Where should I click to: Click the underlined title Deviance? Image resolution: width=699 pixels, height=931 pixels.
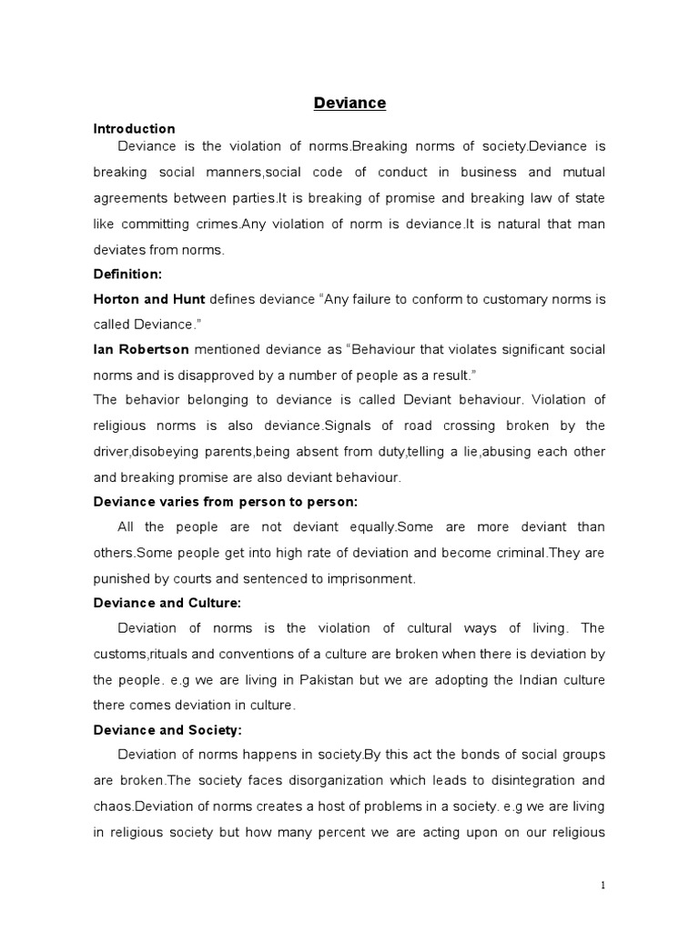(349, 103)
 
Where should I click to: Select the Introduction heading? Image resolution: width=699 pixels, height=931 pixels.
(134, 128)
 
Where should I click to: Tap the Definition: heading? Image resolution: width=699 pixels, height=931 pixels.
(129, 274)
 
